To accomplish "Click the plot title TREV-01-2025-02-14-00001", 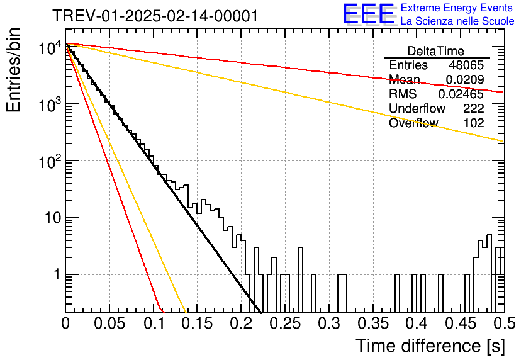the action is [155, 16].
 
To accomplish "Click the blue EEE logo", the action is [368, 14].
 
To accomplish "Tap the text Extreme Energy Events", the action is [457, 8].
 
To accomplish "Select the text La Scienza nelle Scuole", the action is [457, 21].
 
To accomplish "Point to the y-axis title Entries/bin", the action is [13, 70].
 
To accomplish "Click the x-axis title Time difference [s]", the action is [430, 346].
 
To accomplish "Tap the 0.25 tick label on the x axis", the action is [286, 323].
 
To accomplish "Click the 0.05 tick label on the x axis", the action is [109, 323].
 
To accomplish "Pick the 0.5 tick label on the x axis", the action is [505, 323].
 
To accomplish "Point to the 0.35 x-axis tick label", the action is [374, 323].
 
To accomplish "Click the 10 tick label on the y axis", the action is [53, 218].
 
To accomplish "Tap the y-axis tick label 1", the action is [57, 274].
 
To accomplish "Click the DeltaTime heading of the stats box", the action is [436, 52].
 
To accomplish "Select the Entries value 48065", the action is [466, 65].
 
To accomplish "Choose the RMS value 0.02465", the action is [461, 94].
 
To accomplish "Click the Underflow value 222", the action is [474, 108].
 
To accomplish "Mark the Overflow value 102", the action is [474, 123].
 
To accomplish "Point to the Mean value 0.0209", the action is [465, 79].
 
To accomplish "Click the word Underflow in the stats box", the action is [417, 108].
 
